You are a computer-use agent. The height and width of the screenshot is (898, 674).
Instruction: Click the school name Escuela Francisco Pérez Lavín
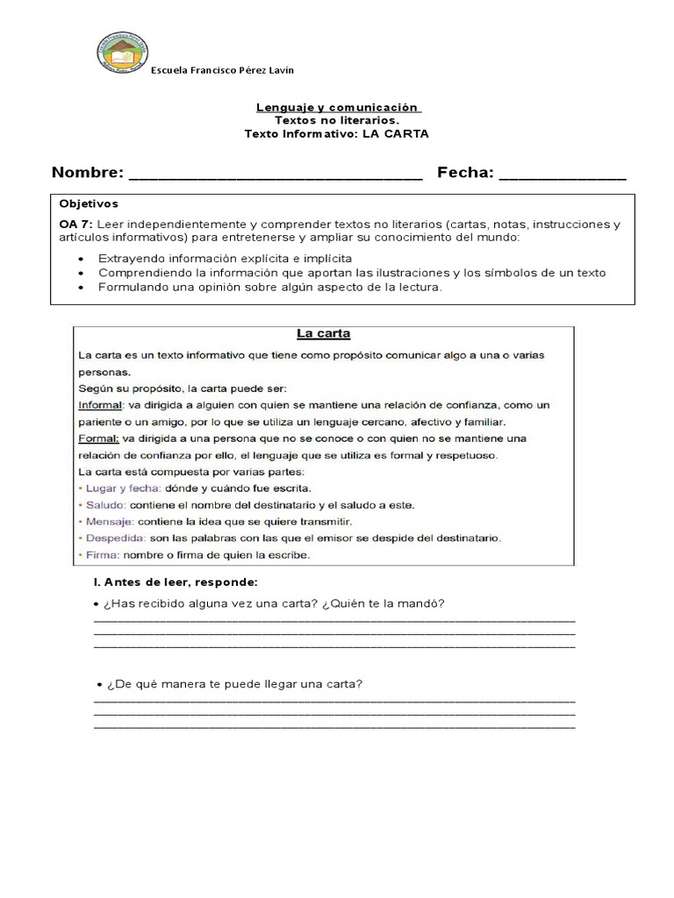coord(222,71)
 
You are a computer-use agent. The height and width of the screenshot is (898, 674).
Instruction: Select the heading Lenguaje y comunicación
coord(338,107)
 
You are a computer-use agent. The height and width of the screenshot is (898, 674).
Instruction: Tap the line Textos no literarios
coord(337,120)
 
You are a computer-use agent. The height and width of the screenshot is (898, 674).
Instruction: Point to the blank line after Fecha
coord(563,174)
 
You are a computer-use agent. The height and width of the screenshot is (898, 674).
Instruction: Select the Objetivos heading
coord(89,203)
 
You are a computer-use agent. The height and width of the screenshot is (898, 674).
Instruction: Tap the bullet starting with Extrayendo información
coord(225,259)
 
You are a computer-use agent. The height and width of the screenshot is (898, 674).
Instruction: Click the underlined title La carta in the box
coord(323,333)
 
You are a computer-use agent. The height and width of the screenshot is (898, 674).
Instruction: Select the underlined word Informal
coord(100,404)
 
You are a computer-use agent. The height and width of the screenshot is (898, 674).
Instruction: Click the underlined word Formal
coord(97,438)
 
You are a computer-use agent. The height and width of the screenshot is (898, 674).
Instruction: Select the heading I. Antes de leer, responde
coord(175,581)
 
